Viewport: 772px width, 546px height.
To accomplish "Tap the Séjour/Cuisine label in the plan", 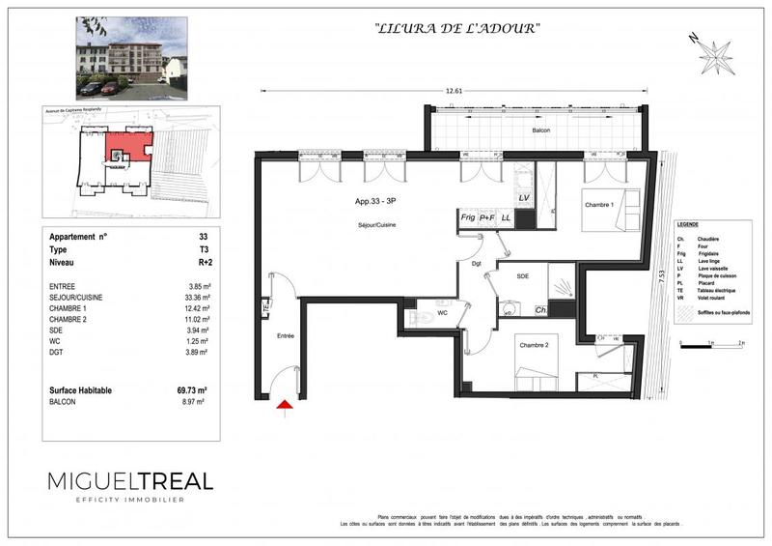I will coord(375,225).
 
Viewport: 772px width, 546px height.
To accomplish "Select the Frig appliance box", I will coord(468,219).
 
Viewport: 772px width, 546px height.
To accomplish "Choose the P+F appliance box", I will coord(488,219).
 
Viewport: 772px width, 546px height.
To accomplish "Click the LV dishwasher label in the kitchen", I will coord(524,198).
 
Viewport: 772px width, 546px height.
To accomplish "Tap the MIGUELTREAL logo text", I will coord(130,480).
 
